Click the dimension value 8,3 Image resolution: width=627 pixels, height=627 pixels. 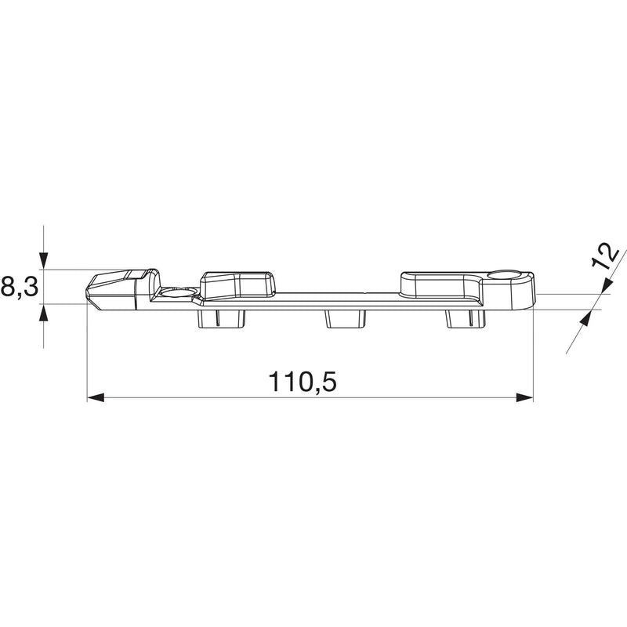click(20, 287)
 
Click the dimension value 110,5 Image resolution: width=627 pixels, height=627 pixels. click(303, 381)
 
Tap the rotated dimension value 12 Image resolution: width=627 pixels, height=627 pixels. click(605, 257)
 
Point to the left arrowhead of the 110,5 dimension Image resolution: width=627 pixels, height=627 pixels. click(96, 397)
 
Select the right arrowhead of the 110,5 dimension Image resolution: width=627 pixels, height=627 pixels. click(524, 397)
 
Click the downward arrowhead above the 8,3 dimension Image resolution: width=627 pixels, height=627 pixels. click(44, 261)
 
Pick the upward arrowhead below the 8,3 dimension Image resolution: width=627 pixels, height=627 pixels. click(44, 313)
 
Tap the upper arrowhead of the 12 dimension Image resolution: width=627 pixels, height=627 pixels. click(606, 285)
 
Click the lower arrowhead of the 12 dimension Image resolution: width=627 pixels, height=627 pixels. click(586, 319)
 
